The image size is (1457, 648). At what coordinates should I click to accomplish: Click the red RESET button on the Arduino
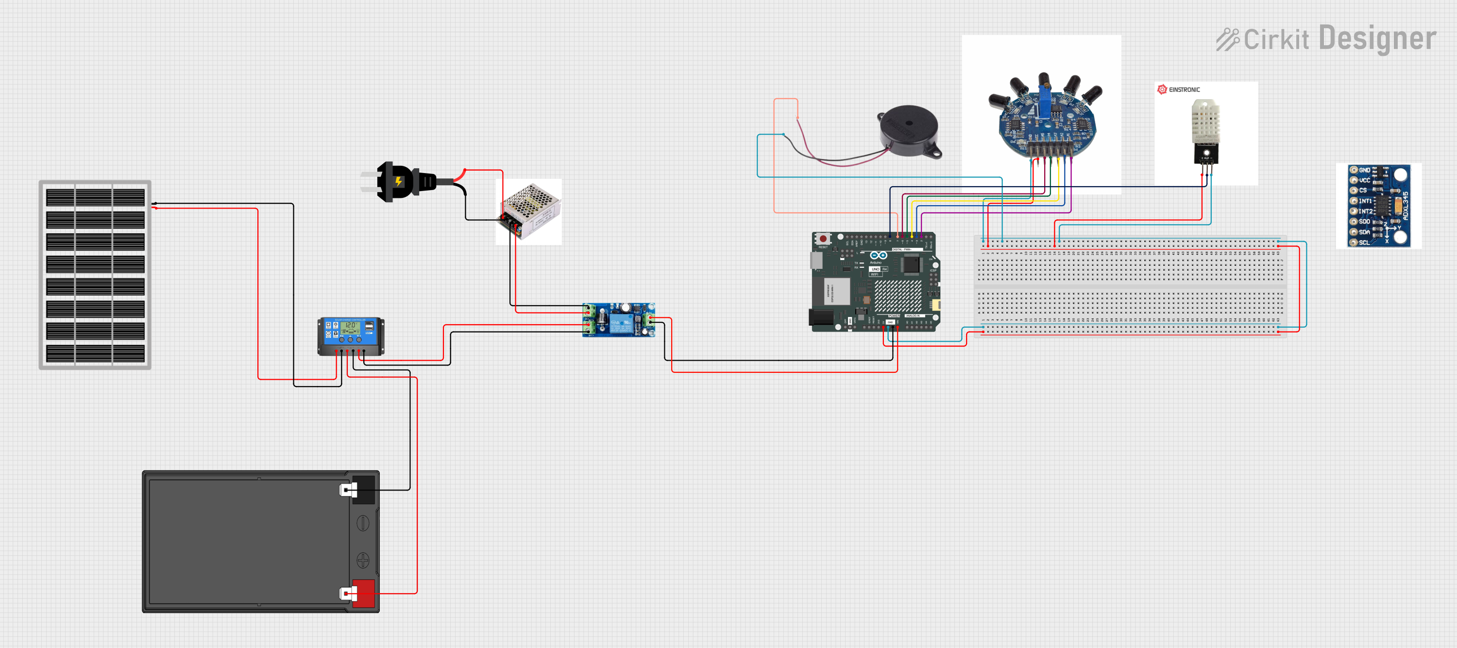click(823, 239)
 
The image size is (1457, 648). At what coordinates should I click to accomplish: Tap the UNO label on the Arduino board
click(876, 269)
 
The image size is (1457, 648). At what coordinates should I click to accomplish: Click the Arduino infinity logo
click(879, 256)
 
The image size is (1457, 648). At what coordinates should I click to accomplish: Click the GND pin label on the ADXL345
click(1365, 170)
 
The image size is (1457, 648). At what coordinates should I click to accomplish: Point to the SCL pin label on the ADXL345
click(1364, 242)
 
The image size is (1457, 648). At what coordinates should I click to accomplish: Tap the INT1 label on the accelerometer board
click(1365, 201)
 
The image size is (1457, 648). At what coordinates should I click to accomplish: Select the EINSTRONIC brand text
click(1184, 90)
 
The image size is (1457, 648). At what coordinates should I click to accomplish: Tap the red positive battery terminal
click(363, 594)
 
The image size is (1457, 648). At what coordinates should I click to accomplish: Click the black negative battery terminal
click(363, 490)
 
